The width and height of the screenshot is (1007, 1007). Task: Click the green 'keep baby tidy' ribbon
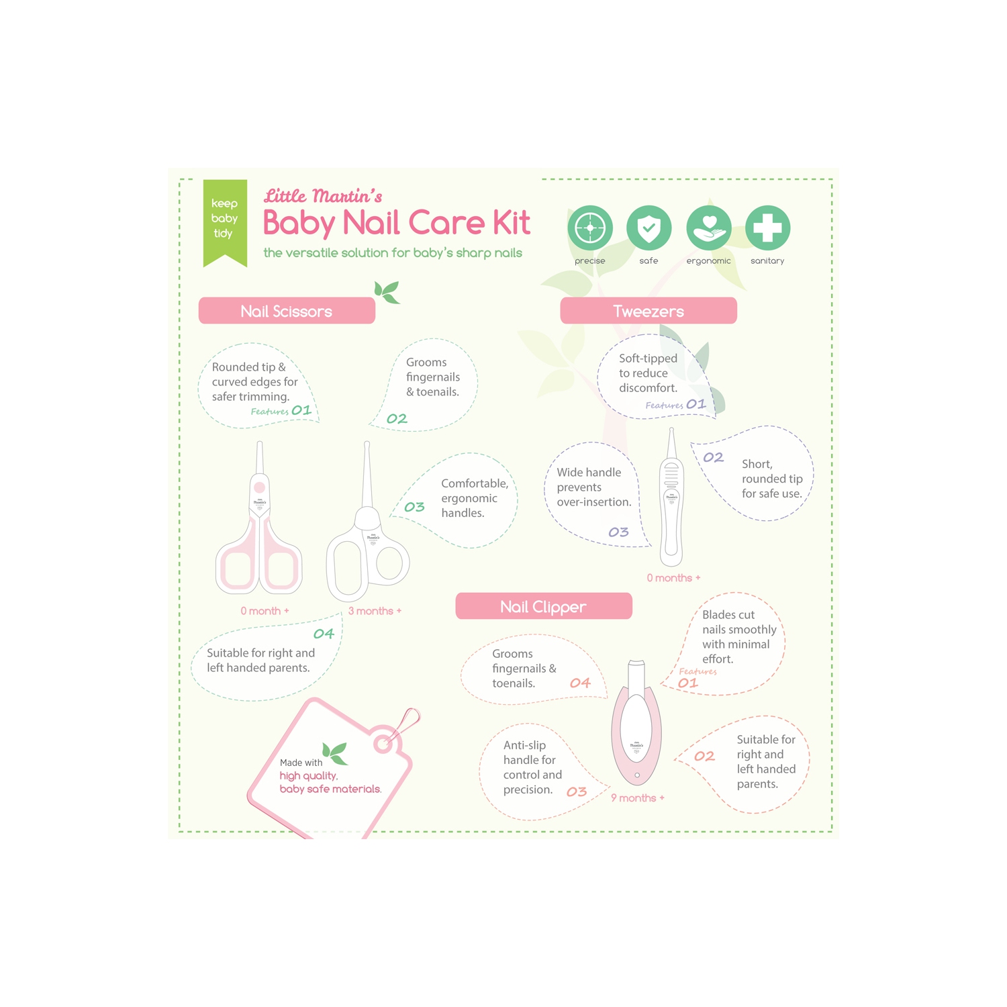tap(225, 220)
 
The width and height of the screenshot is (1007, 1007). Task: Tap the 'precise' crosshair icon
tap(590, 228)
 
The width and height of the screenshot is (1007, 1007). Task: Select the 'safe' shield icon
tap(649, 228)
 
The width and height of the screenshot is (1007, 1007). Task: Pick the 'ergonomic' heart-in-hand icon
tap(708, 228)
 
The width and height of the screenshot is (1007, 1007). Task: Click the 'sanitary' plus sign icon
tap(767, 228)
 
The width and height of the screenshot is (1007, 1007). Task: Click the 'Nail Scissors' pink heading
tap(287, 311)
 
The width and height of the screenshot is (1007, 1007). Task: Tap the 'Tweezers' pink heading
tap(649, 311)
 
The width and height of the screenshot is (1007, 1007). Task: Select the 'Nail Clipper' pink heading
tap(543, 607)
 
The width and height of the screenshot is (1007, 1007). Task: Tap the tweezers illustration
tap(671, 500)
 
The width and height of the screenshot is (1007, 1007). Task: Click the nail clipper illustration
tap(636, 722)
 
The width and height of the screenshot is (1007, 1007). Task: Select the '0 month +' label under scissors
tap(265, 611)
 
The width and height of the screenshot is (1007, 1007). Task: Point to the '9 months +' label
tap(637, 798)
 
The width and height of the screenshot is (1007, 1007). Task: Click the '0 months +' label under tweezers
tap(673, 578)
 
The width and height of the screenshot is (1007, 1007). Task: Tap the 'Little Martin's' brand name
tap(323, 196)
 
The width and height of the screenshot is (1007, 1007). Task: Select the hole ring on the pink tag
tap(383, 743)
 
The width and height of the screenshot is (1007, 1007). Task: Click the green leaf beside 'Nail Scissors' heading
tap(387, 292)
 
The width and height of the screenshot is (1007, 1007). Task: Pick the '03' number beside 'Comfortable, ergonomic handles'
tap(414, 508)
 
